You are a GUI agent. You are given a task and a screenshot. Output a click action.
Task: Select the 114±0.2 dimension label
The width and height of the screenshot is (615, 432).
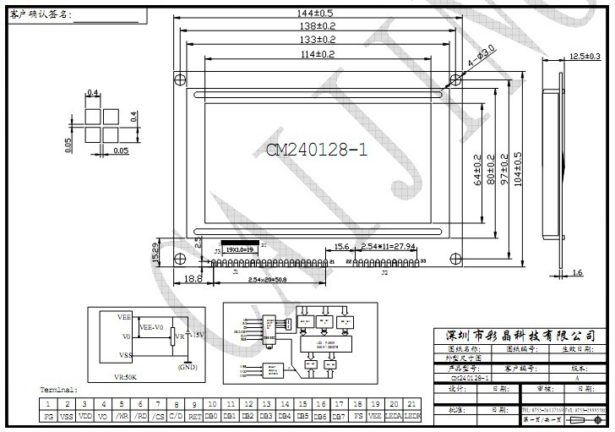click(314, 54)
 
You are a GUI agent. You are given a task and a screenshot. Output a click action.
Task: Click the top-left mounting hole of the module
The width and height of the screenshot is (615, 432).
click(180, 79)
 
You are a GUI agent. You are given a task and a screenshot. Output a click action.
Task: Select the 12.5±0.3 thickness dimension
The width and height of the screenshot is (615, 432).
click(584, 57)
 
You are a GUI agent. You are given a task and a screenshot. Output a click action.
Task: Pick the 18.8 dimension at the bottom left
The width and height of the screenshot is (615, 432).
click(193, 278)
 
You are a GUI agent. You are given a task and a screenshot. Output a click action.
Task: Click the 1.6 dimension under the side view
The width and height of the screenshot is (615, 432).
click(576, 272)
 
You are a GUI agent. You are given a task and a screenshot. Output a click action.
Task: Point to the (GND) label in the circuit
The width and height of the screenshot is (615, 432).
click(188, 367)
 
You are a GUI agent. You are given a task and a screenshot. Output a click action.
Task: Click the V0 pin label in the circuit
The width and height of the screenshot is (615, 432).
click(125, 336)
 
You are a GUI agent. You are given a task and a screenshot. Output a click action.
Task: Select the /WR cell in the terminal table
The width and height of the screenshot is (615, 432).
click(122, 417)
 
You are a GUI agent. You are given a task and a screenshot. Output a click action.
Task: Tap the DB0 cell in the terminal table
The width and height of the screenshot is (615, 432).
click(212, 417)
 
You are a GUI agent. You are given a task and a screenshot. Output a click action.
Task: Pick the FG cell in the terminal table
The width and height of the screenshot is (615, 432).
click(49, 417)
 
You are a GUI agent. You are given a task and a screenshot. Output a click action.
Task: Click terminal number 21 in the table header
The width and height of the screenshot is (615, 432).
click(411, 405)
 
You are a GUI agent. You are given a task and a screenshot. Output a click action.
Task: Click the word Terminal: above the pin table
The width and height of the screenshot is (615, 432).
click(59, 391)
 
